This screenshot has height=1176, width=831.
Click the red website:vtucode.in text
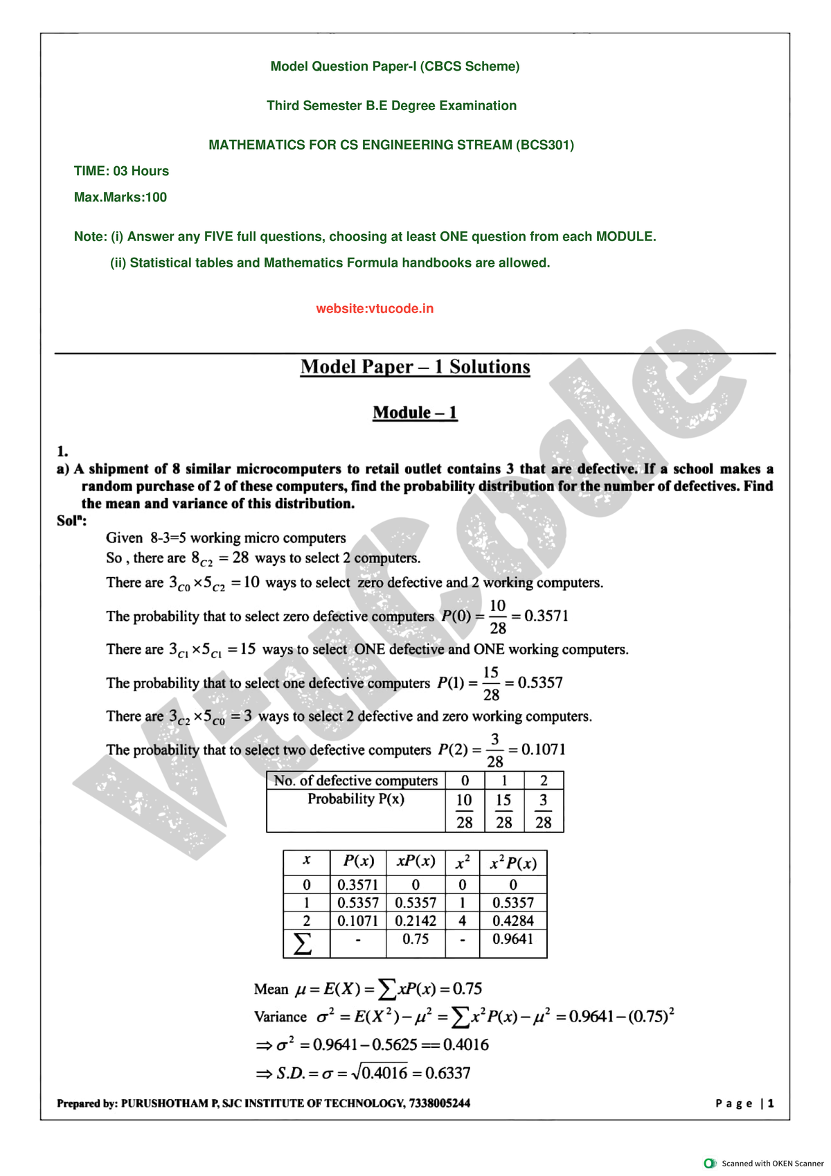[x=375, y=309]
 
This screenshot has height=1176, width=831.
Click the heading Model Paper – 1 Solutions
[x=415, y=367]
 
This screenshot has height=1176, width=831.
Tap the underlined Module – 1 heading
[x=415, y=413]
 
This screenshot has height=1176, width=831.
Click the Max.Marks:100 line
[x=120, y=197]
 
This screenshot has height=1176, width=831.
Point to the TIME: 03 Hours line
[x=121, y=171]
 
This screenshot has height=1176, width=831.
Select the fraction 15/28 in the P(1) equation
[x=491, y=684]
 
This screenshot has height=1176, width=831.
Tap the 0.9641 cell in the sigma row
[x=513, y=940]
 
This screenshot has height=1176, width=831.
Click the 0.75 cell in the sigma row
[x=415, y=940]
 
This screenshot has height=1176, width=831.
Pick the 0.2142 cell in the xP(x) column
[x=415, y=921]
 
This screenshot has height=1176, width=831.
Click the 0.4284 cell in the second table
[x=513, y=921]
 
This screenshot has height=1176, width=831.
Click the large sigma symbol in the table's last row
[x=303, y=943]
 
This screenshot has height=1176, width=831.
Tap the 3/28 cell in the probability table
[x=544, y=811]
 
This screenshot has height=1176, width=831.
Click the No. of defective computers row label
[x=356, y=781]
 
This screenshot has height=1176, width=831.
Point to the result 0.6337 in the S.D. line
[x=448, y=1073]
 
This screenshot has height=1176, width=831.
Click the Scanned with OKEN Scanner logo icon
[x=710, y=1163]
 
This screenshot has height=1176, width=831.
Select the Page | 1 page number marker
[x=744, y=1103]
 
